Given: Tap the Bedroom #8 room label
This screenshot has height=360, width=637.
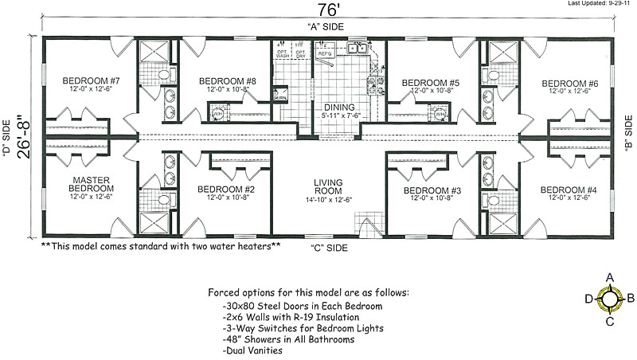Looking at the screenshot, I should point(227,81).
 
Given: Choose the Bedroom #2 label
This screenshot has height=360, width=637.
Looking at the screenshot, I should point(227,190).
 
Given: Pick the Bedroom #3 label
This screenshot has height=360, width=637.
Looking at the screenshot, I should point(432,190).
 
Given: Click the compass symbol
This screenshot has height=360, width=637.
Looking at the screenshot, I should point(610,299).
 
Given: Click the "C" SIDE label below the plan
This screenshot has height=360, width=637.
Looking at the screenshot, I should point(329,248).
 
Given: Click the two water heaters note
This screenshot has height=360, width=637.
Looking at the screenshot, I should point(160,246).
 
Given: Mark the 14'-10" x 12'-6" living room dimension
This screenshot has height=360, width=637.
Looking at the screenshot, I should point(327,199).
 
